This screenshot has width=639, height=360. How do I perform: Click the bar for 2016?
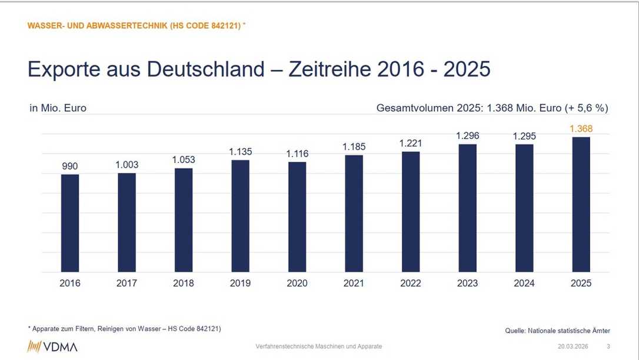70,223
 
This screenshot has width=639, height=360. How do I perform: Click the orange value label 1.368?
581,129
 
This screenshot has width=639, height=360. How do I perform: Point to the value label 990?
70,166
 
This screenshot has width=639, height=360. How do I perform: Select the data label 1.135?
240,152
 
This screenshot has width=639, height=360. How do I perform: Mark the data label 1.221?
411,144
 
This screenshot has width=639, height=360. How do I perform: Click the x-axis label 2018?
184,284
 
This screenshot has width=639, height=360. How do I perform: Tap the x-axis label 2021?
354,284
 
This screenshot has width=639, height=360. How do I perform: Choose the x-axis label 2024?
524,284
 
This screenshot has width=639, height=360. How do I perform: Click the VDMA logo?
52,346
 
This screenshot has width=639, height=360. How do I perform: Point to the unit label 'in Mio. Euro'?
58,108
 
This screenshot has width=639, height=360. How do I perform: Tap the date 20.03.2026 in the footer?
573,346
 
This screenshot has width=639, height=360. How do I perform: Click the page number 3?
608,346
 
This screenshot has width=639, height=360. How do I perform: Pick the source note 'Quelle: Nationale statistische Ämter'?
557,331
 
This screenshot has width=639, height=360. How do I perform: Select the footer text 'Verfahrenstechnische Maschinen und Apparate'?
319,346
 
